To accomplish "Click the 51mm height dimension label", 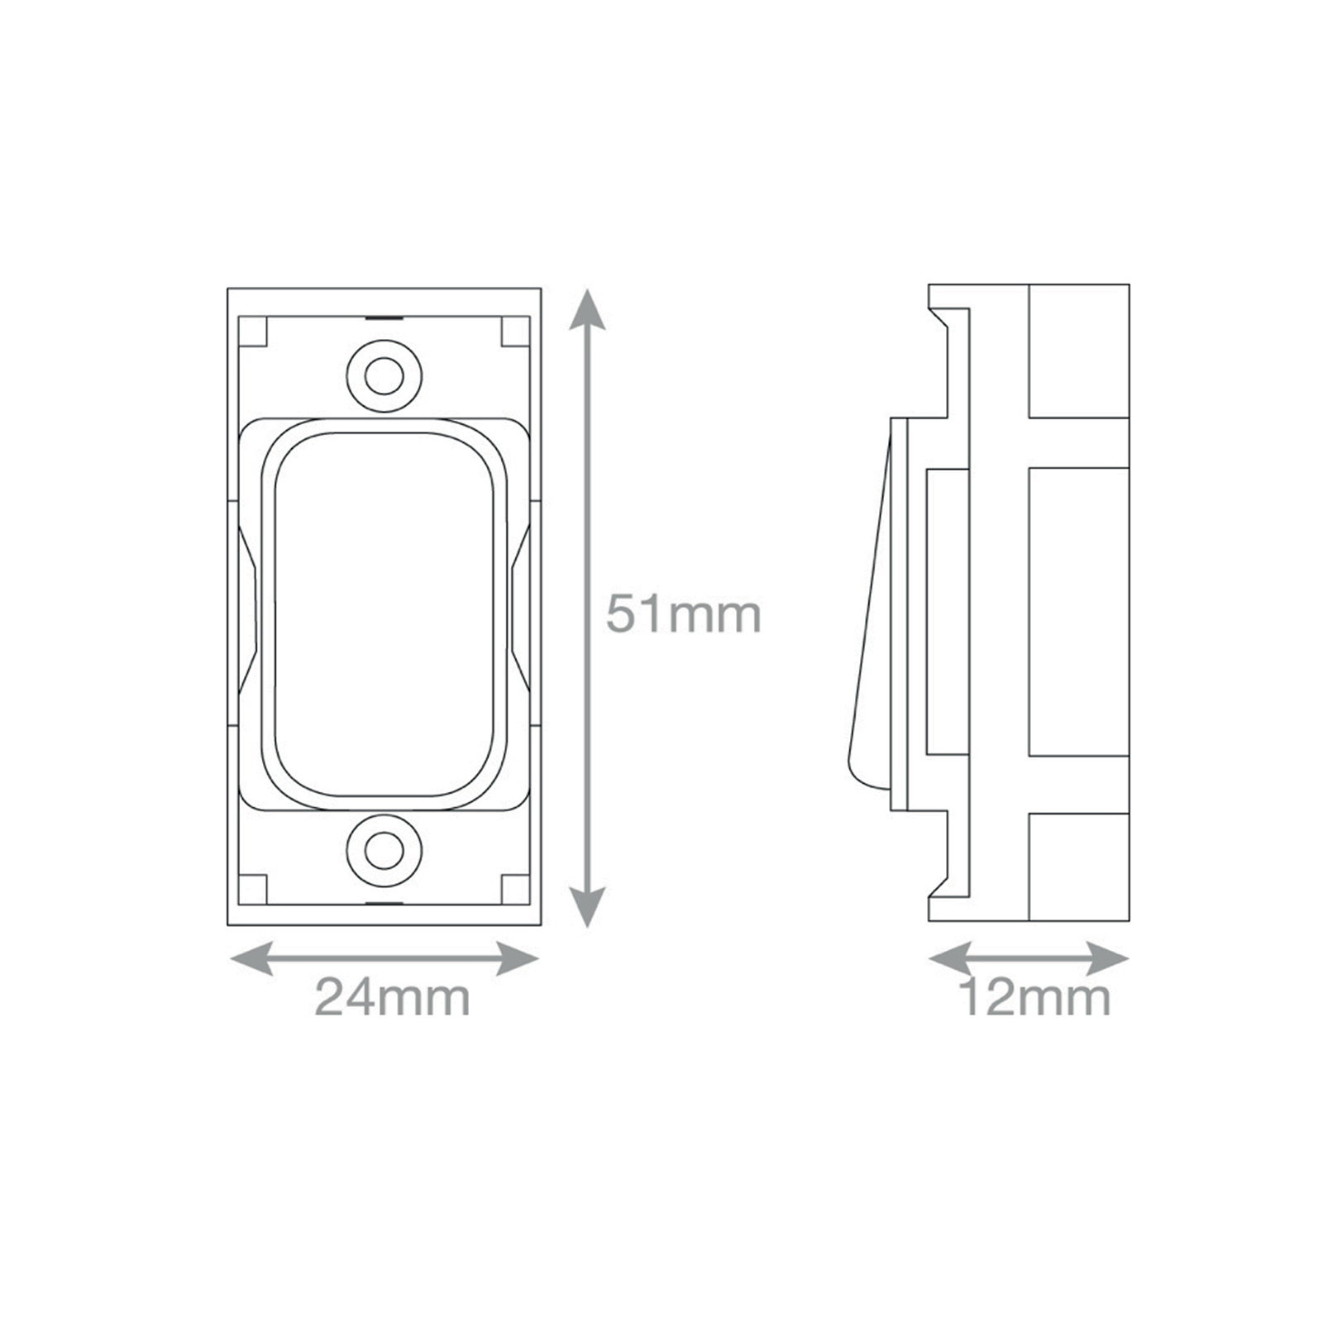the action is click(x=683, y=614).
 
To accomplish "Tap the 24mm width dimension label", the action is click(x=392, y=997).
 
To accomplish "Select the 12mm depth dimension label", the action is click(x=1034, y=997).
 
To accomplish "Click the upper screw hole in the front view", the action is click(x=384, y=376).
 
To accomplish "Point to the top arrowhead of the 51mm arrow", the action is click(x=587, y=308).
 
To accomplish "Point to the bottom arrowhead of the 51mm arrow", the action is click(x=587, y=907).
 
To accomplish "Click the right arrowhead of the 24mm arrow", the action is click(x=518, y=959).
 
